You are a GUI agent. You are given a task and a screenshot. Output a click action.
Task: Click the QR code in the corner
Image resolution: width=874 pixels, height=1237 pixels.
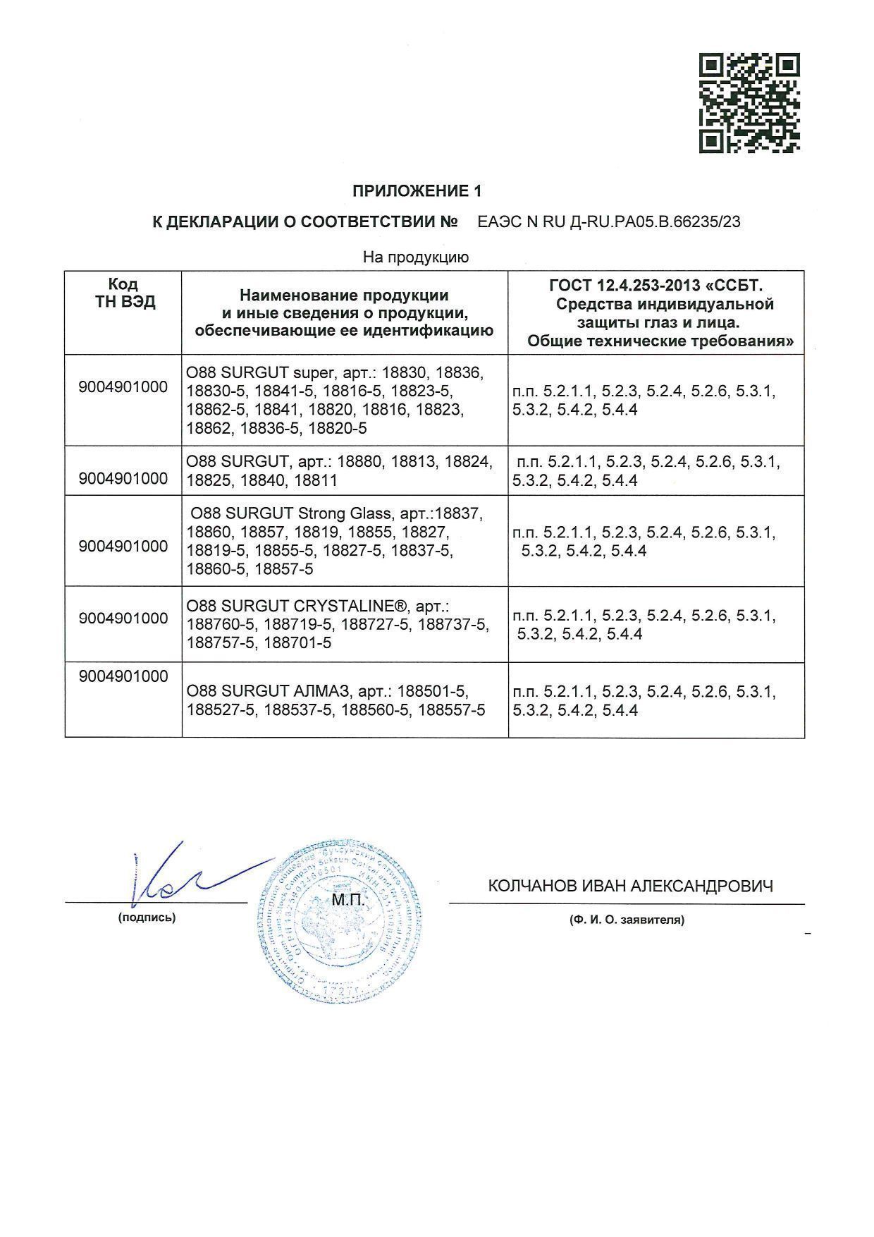pos(749,103)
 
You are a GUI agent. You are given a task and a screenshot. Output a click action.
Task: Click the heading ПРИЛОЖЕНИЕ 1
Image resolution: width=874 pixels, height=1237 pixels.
pos(417,190)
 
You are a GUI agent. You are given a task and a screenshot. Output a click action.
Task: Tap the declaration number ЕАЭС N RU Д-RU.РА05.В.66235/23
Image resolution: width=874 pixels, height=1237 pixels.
pos(609,221)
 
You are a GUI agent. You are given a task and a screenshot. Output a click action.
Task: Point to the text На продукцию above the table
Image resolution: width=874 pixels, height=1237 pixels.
pos(415,257)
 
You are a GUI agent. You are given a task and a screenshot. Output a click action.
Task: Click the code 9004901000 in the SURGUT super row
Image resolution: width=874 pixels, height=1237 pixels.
pos(124,387)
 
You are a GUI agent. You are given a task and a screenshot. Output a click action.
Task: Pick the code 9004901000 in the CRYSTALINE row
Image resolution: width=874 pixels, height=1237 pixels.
pos(124,618)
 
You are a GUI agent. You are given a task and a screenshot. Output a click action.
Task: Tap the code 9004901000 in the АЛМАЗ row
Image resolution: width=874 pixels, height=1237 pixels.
pos(124,676)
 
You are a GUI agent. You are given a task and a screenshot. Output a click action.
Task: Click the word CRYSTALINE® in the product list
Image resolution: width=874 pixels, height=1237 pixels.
pos(351,606)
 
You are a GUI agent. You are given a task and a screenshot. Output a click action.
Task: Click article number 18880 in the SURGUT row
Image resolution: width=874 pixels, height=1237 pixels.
pos(360,462)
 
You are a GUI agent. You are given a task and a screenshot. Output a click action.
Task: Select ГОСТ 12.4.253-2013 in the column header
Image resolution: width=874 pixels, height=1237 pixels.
pos(626,286)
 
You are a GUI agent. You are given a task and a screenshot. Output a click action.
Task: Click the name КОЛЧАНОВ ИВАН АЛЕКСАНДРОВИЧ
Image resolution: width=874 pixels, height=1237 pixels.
pos(630,886)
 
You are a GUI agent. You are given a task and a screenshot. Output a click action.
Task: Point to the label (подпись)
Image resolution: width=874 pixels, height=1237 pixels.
pos(147,918)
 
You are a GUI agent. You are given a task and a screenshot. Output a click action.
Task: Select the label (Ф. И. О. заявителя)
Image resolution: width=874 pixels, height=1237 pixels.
pos(627,920)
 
